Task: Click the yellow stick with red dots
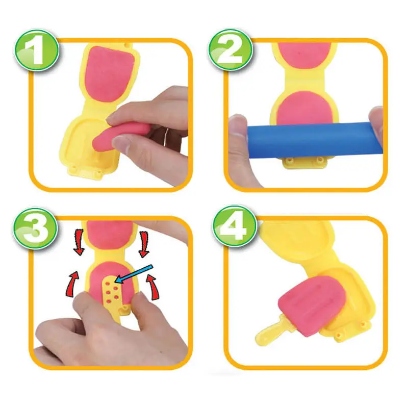[x=111, y=296]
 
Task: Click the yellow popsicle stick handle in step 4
[x=267, y=334]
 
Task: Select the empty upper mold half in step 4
[x=301, y=245]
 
